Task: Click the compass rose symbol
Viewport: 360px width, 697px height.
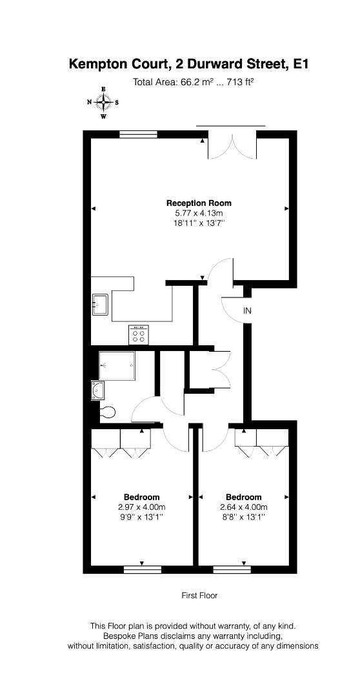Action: point(103,103)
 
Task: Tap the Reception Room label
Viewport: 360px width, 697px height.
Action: point(199,203)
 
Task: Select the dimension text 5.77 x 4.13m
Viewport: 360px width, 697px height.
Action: point(199,214)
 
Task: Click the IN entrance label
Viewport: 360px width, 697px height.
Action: point(247,311)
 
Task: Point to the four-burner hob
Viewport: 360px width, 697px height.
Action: point(138,335)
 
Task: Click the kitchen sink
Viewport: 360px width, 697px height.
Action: point(101,305)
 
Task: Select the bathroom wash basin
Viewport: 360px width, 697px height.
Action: point(97,390)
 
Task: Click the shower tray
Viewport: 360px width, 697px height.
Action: point(116,366)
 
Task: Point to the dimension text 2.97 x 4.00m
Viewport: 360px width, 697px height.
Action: point(141,507)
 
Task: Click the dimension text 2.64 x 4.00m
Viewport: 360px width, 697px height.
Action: point(243,507)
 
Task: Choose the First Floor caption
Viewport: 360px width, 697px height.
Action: point(199,596)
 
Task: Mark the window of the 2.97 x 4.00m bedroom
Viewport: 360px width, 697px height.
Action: point(142,569)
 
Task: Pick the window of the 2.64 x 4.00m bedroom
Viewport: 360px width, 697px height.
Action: point(232,569)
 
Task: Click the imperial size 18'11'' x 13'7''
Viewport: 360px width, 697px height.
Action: point(199,223)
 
